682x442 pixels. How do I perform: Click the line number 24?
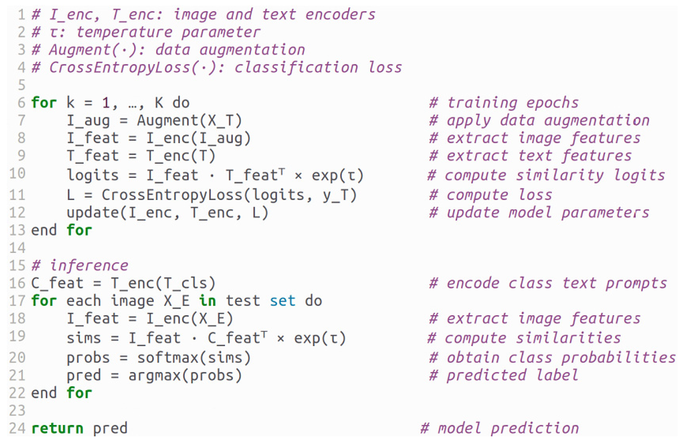[17, 428]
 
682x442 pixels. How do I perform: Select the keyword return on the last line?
[57, 428]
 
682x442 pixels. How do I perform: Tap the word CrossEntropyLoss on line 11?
[172, 195]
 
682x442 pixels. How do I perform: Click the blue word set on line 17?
[282, 301]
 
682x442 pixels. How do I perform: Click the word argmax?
[154, 376]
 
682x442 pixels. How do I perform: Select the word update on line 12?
[93, 213]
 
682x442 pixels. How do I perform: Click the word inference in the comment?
[89, 265]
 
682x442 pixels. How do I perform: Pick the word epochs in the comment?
[552, 103]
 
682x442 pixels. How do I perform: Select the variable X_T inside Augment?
[221, 121]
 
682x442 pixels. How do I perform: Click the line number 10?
[17, 174]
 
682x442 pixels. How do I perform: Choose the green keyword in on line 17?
[207, 301]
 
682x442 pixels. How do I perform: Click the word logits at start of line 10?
[93, 176]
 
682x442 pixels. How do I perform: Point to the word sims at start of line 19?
[84, 338]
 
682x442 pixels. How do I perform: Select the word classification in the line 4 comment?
[296, 67]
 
